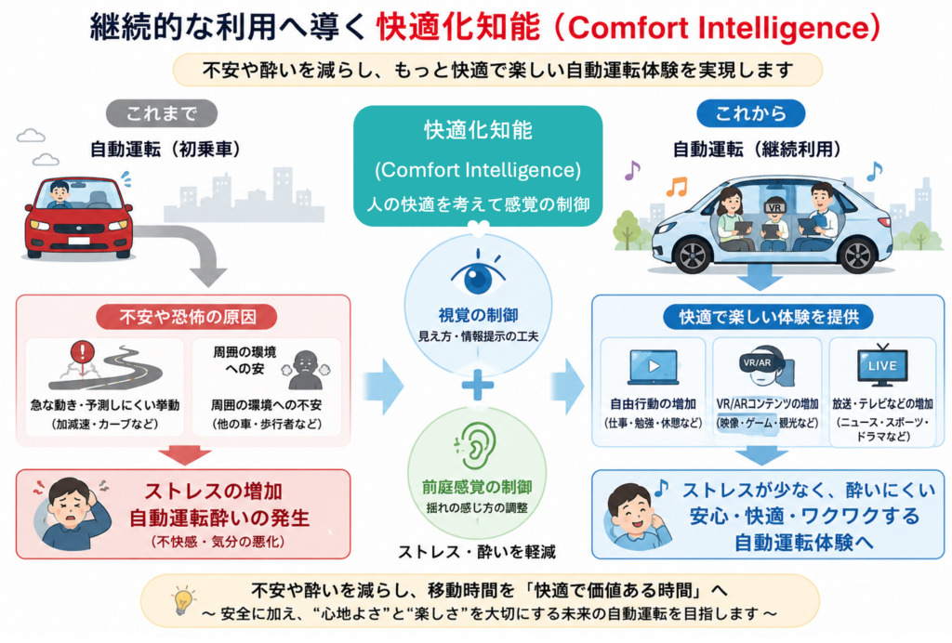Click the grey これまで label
(162, 113)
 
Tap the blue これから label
(751, 113)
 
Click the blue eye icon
(478, 276)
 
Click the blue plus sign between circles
(478, 385)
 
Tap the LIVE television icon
(882, 366)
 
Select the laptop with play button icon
(653, 367)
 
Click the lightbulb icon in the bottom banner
(183, 600)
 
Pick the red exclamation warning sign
(82, 351)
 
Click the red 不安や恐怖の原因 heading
(187, 317)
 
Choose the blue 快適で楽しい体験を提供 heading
(768, 317)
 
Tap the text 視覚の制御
(478, 315)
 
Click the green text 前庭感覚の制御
(477, 487)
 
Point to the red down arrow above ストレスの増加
(185, 455)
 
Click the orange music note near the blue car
(677, 186)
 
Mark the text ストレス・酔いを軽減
(477, 551)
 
